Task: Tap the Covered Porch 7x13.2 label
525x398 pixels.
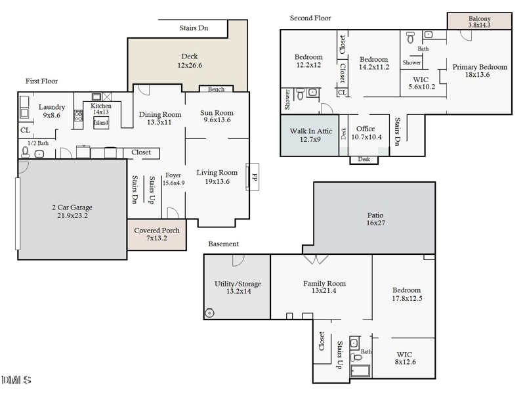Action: (x=157, y=234)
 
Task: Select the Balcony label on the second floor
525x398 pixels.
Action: (x=479, y=22)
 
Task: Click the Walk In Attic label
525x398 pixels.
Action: (x=310, y=135)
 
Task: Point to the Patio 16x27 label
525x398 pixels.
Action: (x=375, y=219)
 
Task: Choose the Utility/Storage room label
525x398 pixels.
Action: (x=238, y=288)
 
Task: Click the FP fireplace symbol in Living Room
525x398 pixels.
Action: (x=253, y=177)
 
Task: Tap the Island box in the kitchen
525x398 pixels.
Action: (x=101, y=123)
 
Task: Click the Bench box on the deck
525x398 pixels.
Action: (x=216, y=89)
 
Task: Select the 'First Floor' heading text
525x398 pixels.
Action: (x=41, y=81)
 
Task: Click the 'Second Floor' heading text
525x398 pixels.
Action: (x=310, y=18)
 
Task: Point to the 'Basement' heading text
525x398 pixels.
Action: (x=224, y=244)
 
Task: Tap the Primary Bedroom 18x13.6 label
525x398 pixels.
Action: (x=479, y=71)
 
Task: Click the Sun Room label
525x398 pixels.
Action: (x=217, y=116)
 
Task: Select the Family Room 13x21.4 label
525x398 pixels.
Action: (x=324, y=288)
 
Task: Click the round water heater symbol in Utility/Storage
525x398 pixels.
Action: (x=210, y=313)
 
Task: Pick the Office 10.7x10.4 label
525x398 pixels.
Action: (x=366, y=133)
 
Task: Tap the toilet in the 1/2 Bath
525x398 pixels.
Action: (x=26, y=152)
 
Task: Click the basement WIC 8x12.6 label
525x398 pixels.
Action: (x=405, y=358)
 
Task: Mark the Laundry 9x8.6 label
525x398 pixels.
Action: (x=51, y=111)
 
